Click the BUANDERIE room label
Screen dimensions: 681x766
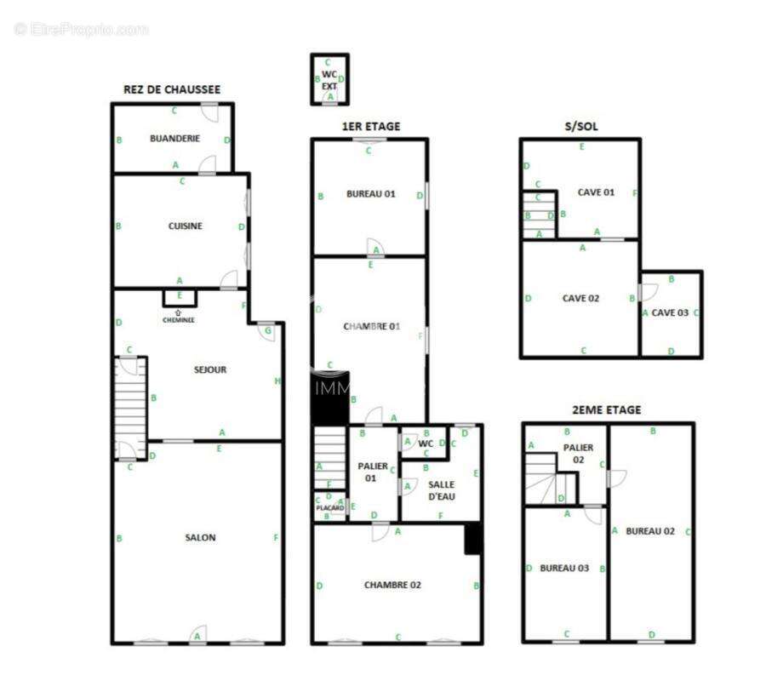point(175,138)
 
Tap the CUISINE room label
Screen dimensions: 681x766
point(185,226)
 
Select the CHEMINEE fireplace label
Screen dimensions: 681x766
point(179,320)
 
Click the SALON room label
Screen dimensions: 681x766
point(201,537)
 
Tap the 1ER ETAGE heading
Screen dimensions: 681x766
point(371,127)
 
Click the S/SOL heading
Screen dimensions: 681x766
point(581,127)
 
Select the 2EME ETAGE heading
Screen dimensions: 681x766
point(607,410)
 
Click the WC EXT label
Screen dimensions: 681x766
point(329,80)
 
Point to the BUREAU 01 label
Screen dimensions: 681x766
point(371,194)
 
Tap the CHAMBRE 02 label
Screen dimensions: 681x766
point(392,585)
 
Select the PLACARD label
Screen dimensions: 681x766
point(329,508)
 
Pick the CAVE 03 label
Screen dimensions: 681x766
point(671,312)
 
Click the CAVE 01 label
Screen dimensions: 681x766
point(596,192)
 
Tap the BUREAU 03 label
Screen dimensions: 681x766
point(564,568)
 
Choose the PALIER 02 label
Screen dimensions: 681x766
point(578,453)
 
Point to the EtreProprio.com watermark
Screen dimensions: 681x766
point(82,30)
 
